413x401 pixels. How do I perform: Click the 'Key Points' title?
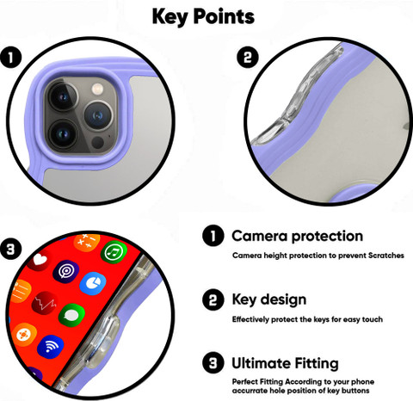(x=203, y=16)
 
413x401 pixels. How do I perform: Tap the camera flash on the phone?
(x=97, y=89)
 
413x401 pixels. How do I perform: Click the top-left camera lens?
(x=63, y=96)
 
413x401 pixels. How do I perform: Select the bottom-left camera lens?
(x=63, y=134)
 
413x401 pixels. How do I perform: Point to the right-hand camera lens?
(x=98, y=115)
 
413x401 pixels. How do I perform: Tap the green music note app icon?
(x=114, y=252)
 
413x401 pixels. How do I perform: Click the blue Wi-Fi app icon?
(x=51, y=347)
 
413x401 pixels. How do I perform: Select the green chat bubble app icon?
(x=71, y=316)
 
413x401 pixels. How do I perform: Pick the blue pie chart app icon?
(x=93, y=284)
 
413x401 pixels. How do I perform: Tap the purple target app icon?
(x=66, y=272)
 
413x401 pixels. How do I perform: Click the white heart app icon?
(x=40, y=260)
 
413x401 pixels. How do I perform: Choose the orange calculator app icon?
(x=87, y=243)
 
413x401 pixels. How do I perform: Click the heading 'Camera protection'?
(x=297, y=237)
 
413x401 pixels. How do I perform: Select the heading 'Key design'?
(x=269, y=300)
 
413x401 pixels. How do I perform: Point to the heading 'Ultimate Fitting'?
(x=285, y=363)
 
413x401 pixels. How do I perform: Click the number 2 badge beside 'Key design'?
(x=213, y=300)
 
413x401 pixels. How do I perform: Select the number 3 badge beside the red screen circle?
(x=11, y=249)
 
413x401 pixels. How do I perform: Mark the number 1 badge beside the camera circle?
(x=11, y=58)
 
